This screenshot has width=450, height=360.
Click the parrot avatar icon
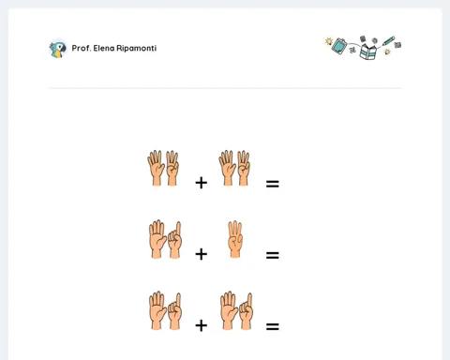[58, 49]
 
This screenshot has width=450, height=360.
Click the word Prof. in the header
[82, 48]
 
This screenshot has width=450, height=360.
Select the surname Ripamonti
[136, 48]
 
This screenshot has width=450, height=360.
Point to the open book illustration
[367, 52]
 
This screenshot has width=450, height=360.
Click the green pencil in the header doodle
[388, 41]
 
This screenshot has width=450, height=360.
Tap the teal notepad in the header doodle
[339, 46]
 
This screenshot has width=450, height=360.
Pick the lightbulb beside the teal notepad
[328, 41]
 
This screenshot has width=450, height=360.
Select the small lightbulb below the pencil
[387, 52]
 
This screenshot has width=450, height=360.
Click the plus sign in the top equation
[201, 183]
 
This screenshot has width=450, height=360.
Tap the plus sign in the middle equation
[201, 254]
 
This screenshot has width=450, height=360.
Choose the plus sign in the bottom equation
[201, 325]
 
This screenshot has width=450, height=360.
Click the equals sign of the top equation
[273, 184]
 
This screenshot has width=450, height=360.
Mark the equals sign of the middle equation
[273, 255]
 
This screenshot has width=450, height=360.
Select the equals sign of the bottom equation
[273, 327]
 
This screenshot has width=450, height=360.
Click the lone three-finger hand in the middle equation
[235, 240]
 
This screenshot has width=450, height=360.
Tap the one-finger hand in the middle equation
[175, 240]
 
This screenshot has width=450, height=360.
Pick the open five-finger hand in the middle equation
[157, 239]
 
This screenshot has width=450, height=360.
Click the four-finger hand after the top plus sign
[243, 169]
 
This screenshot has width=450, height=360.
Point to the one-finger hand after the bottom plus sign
[247, 311]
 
